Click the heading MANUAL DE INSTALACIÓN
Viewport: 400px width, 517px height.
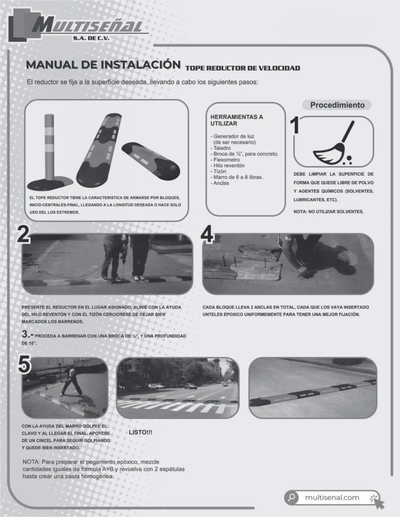click(x=104, y=64)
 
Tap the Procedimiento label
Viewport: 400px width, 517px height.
click(x=337, y=105)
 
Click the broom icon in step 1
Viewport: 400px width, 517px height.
click(x=334, y=143)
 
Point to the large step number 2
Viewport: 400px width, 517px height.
click(x=23, y=234)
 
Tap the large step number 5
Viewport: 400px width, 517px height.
click(x=24, y=365)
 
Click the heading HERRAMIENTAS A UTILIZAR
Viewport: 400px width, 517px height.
click(x=237, y=120)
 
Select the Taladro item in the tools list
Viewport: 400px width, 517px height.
click(x=222, y=148)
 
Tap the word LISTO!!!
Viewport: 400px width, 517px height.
click(x=141, y=432)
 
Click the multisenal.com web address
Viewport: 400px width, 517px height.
click(x=332, y=498)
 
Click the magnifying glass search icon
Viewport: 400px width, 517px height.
click(x=291, y=497)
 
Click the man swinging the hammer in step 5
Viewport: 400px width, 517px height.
click(x=71, y=382)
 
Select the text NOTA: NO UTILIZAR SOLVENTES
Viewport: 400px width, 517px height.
click(x=328, y=212)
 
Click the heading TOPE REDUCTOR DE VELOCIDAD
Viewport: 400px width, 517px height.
click(x=243, y=68)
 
